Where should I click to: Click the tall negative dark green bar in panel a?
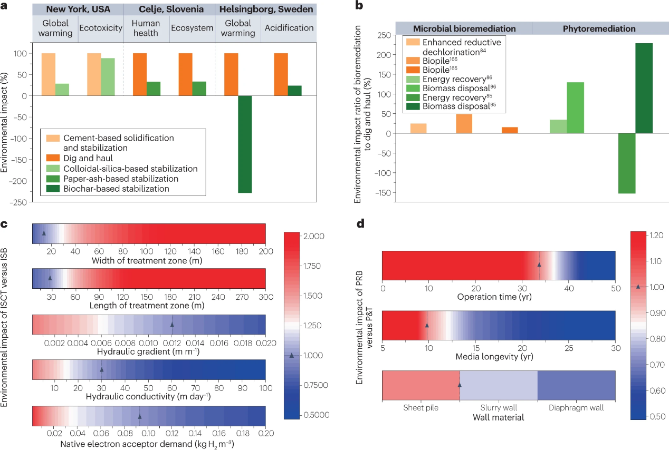[244, 144]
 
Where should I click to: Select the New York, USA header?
[78, 9]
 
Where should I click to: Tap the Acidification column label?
[288, 28]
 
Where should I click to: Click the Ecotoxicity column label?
[100, 28]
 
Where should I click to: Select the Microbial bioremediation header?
[464, 28]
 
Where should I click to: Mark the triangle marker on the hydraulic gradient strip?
[171, 325]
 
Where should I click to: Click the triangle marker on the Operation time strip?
[539, 265]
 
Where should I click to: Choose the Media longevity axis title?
[498, 357]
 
